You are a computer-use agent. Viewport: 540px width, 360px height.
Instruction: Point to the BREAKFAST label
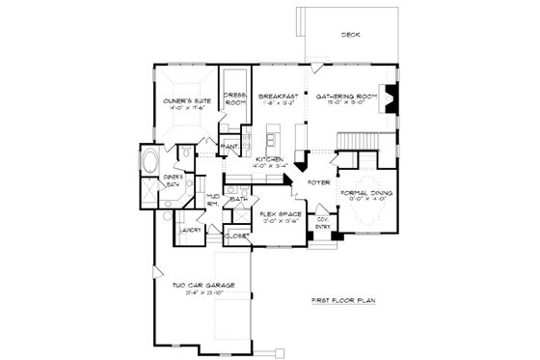pos(277,97)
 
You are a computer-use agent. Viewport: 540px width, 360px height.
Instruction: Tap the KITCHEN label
pos(269,159)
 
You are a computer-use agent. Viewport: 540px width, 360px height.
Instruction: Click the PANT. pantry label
pos(231,147)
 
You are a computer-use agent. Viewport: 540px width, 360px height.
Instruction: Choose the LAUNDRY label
pos(189,231)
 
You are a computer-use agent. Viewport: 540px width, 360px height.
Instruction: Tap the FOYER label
pos(319,182)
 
